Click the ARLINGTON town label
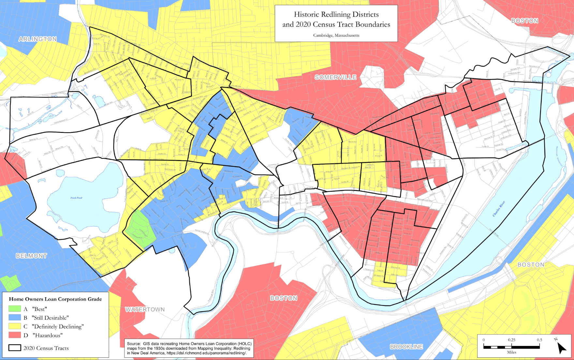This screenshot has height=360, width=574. [x=37, y=39]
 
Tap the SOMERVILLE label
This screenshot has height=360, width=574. [x=335, y=77]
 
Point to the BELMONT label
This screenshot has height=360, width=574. [x=31, y=256]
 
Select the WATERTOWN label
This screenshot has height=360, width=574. [x=145, y=309]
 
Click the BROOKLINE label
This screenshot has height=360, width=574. [x=406, y=347]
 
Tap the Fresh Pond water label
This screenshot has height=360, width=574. [x=76, y=198]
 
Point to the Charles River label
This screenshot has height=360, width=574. [x=498, y=209]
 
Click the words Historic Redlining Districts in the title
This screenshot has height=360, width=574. [x=336, y=14]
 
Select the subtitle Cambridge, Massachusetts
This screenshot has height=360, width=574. [x=336, y=35]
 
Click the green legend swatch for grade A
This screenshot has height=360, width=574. [x=15, y=309]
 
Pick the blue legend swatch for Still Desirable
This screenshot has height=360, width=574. [x=15, y=317]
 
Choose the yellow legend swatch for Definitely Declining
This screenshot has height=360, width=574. [x=15, y=326]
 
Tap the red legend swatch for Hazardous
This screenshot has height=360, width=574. [x=15, y=335]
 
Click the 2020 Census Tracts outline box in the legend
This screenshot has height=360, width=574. [x=15, y=348]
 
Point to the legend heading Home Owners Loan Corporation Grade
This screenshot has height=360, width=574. [x=55, y=299]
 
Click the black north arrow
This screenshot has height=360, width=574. [x=561, y=348]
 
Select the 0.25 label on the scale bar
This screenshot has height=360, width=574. [x=511, y=340]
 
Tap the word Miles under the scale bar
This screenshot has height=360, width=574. [x=511, y=352]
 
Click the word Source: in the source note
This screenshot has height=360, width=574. [x=134, y=344]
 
